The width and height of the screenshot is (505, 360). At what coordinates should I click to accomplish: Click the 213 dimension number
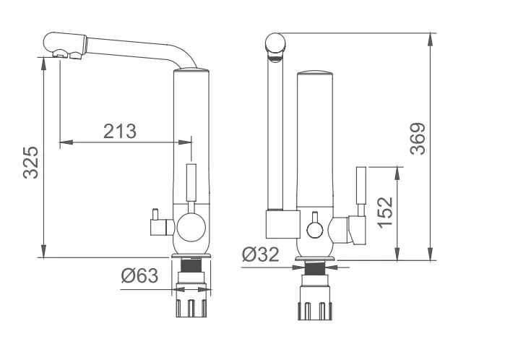pyautogui.click(x=120, y=131)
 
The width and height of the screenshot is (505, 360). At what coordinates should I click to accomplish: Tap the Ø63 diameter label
pyautogui.click(x=139, y=276)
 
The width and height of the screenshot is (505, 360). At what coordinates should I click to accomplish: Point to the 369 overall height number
pyautogui.click(x=417, y=138)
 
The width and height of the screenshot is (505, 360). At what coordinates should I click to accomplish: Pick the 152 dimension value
pyautogui.click(x=384, y=212)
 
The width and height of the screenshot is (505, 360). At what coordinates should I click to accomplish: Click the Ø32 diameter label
pyautogui.click(x=261, y=255)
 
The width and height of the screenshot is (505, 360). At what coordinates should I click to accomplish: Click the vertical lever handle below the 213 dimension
pyautogui.click(x=191, y=184)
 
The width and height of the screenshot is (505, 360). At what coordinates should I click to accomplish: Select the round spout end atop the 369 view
pyautogui.click(x=275, y=46)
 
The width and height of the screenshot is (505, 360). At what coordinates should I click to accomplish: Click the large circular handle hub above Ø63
pyautogui.click(x=191, y=228)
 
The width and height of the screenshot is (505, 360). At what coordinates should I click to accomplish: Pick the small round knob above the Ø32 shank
pyautogui.click(x=314, y=231)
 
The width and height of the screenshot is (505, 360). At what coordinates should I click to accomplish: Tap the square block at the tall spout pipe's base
pyautogui.click(x=281, y=225)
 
